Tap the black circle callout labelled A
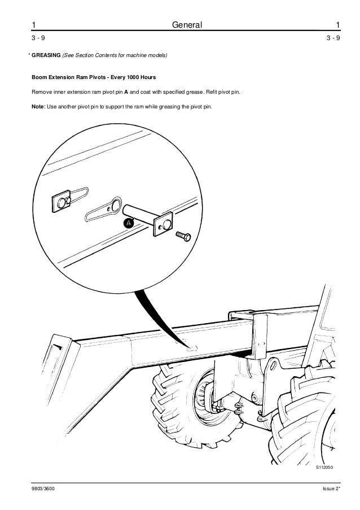click(128, 224)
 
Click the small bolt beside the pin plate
click(183, 236)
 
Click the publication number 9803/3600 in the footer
click(44, 487)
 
